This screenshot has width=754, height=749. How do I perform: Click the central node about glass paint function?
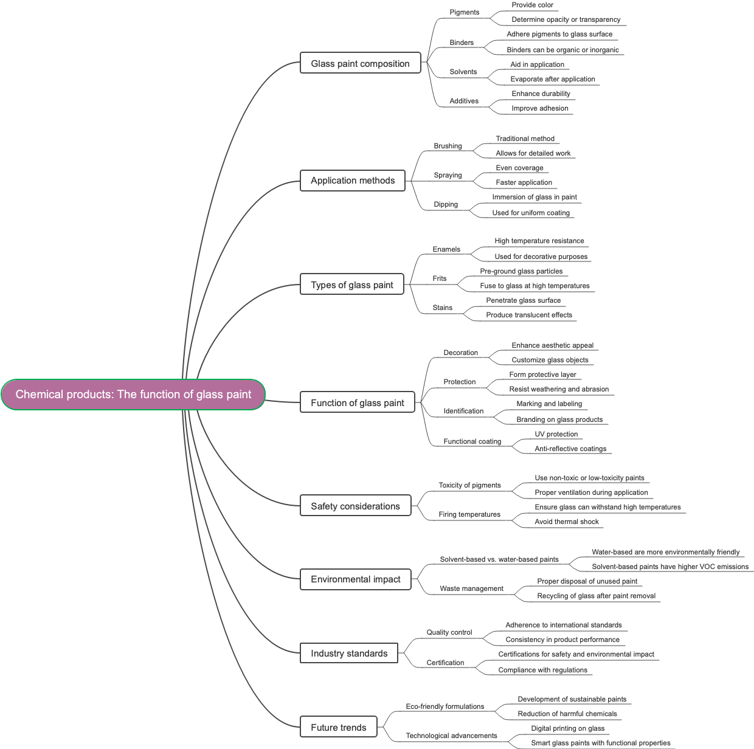coord(133,395)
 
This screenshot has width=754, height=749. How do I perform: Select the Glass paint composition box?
coord(360,63)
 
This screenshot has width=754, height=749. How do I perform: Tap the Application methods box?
coord(353,181)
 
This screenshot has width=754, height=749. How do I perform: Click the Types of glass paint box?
coord(352,285)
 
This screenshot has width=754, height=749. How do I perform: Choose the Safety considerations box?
coord(355,506)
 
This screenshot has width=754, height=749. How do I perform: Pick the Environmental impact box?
coord(355,579)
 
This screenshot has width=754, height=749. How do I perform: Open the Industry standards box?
coord(349,654)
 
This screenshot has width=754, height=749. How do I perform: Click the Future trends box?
coord(339,728)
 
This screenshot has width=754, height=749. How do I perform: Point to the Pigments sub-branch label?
coord(464,12)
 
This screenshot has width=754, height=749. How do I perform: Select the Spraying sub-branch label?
coord(448,175)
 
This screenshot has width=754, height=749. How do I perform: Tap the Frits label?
coord(439,278)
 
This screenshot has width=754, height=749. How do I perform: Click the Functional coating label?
coord(472,441)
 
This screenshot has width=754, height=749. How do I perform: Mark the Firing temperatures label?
coord(469,514)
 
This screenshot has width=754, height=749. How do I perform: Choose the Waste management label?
coord(471,588)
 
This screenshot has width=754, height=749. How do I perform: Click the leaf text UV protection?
coord(556,434)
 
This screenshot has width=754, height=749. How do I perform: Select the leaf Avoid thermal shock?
coord(566,522)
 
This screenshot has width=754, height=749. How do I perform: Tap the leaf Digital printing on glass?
coord(567,728)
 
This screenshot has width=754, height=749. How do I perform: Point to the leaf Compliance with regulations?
coord(542,670)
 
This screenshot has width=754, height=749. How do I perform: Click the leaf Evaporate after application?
coord(552,79)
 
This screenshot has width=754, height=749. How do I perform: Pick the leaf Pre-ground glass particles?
coord(521,271)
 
